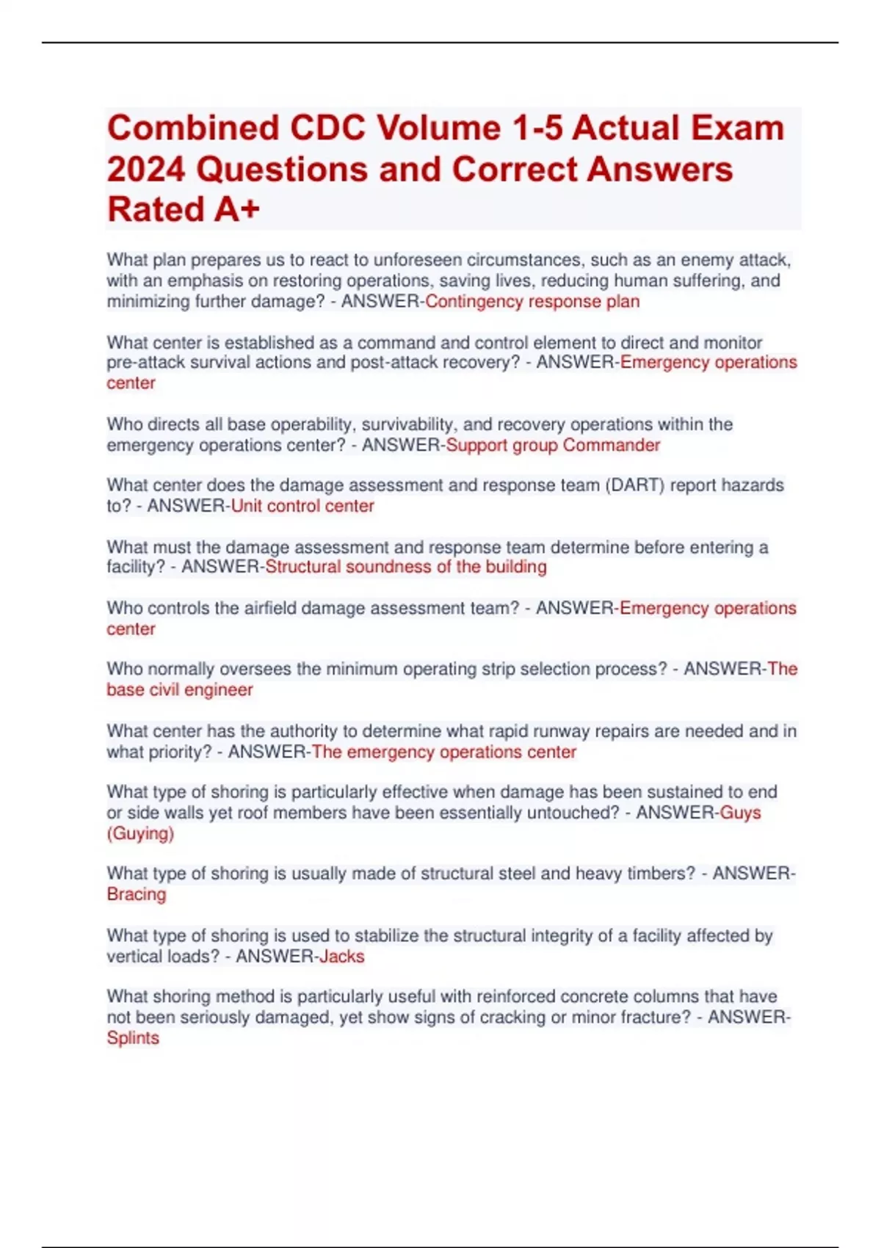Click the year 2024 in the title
click(x=145, y=170)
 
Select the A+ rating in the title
click(x=237, y=210)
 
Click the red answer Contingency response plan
click(x=532, y=302)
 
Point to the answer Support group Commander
click(x=553, y=446)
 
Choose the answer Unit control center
click(x=302, y=507)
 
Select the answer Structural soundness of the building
click(x=405, y=567)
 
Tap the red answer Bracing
click(x=137, y=895)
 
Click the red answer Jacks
click(x=341, y=957)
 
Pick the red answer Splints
click(x=133, y=1039)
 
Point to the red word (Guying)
click(x=140, y=834)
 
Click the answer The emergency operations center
click(x=443, y=752)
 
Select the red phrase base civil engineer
click(x=180, y=690)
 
